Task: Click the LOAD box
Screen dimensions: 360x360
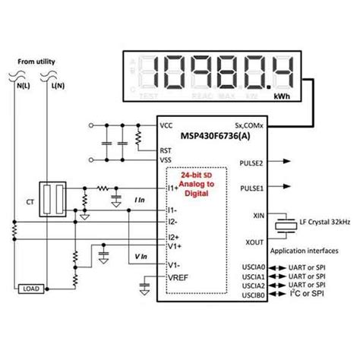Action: click(x=31, y=289)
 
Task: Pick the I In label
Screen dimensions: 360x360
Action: click(x=139, y=199)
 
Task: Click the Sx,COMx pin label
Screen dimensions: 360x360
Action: click(x=246, y=125)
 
